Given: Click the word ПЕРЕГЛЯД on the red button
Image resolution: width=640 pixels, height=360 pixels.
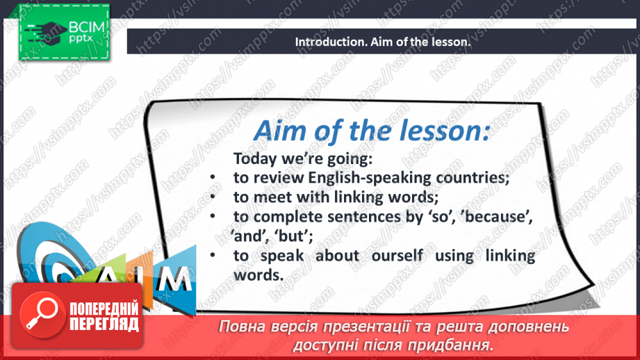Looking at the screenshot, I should [104, 325].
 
